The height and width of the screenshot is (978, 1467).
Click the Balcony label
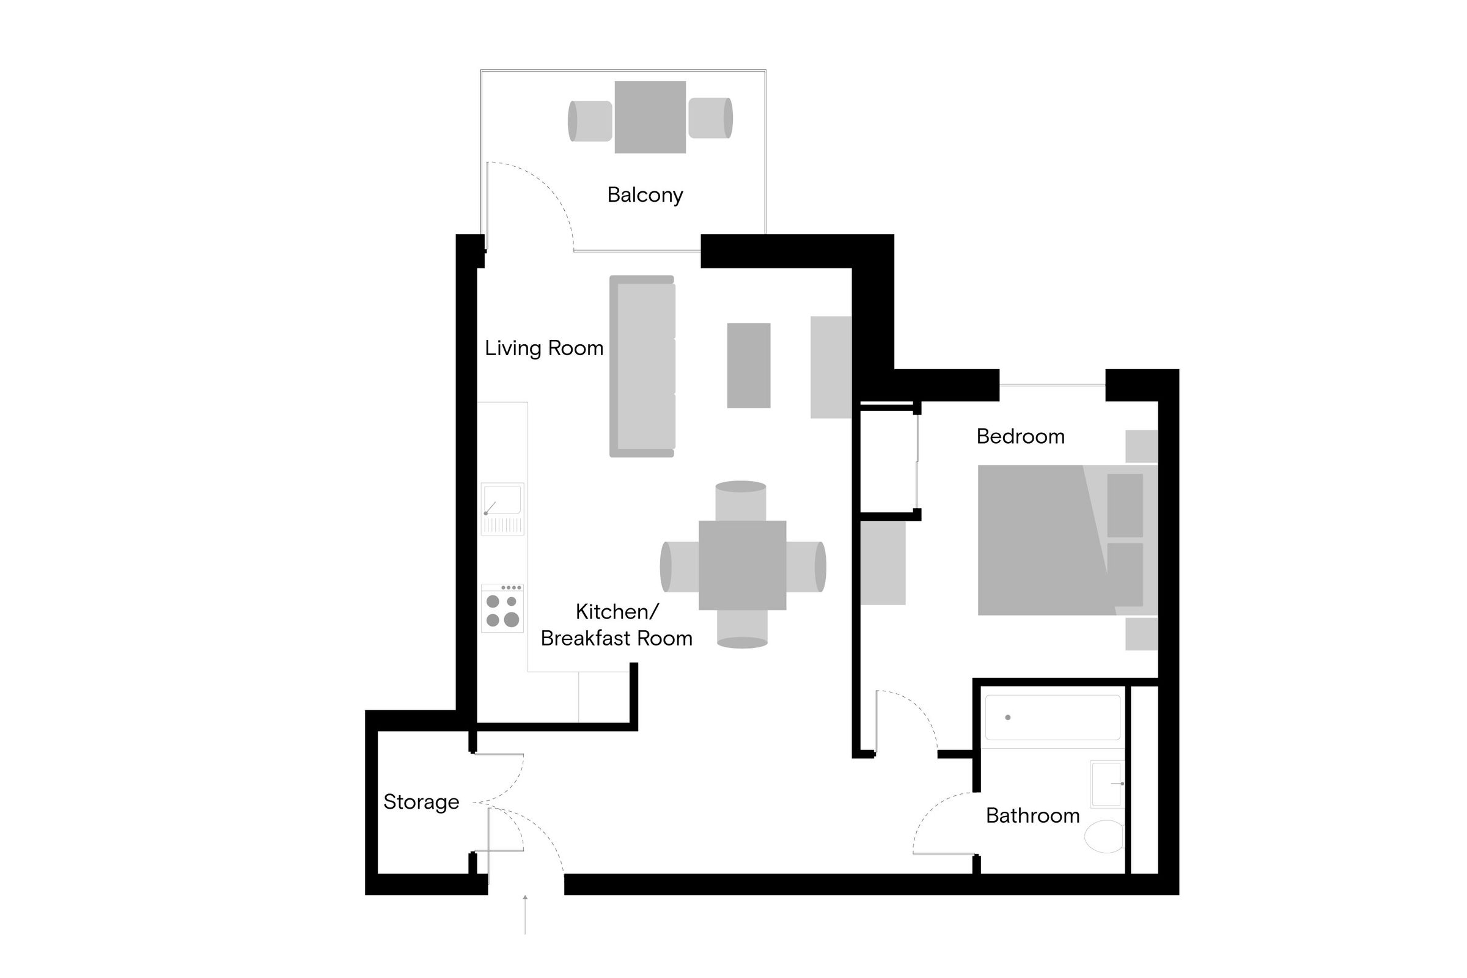[x=645, y=195]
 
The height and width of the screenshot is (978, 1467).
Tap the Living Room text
[x=544, y=348]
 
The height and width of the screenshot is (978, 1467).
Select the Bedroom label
[x=1020, y=436]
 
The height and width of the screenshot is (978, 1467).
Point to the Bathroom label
[x=1032, y=816]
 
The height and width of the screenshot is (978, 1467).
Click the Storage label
[x=421, y=802]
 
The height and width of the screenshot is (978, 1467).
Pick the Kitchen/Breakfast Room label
[x=616, y=625]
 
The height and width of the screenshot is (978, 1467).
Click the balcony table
[x=650, y=117]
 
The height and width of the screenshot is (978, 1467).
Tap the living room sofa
[x=642, y=367]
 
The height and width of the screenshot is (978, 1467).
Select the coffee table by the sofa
[x=748, y=366]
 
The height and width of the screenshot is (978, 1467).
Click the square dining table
[x=742, y=565]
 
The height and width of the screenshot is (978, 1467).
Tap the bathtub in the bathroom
[x=1052, y=717]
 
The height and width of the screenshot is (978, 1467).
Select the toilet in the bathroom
[x=1105, y=836]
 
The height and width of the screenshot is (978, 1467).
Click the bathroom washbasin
[x=1106, y=784]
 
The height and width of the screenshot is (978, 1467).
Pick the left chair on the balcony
[x=590, y=121]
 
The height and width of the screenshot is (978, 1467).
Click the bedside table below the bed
[x=1141, y=634]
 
